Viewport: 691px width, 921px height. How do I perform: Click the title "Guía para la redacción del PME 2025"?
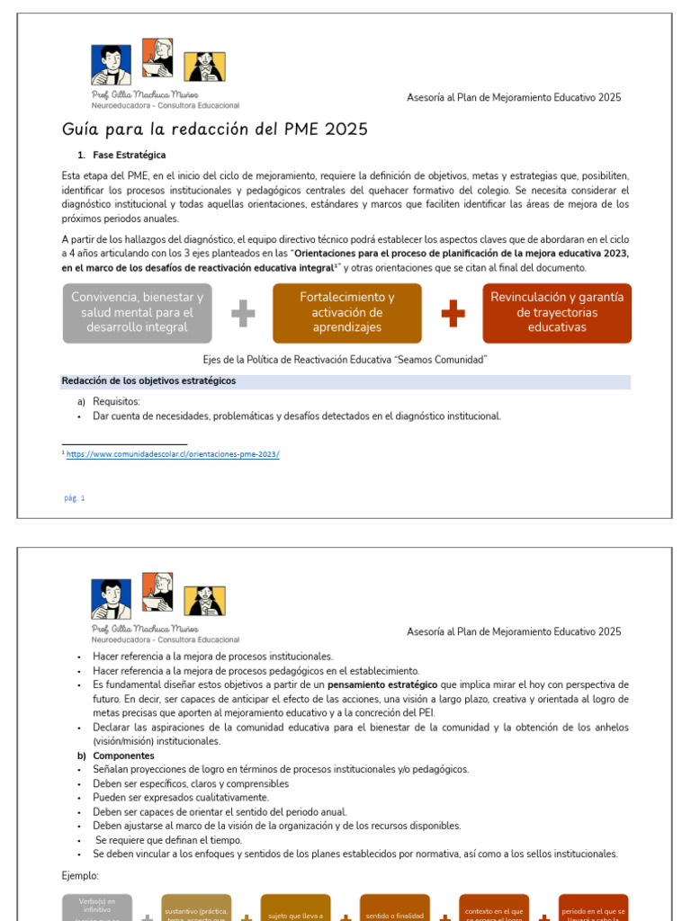point(214,130)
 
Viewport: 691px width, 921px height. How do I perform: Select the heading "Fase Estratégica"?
point(129,156)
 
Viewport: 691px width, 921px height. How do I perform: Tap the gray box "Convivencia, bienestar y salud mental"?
point(137,312)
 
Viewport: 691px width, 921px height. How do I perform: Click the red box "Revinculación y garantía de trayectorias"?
point(556,312)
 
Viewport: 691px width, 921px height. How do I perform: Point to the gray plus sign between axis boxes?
point(243,313)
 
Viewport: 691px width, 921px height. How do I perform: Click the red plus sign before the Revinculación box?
point(453,313)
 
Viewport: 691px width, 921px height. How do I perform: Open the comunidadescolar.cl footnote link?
point(173,454)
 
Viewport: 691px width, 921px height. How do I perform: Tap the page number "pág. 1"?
point(74,497)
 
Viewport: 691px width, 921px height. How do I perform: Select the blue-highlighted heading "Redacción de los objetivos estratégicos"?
point(148,381)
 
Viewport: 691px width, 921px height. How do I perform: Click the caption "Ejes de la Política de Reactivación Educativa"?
point(345,360)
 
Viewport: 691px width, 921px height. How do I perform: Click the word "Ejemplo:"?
point(80,875)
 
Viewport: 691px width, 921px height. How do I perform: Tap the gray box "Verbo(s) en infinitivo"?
point(96,908)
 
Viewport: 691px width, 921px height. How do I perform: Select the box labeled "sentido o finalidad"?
point(394,916)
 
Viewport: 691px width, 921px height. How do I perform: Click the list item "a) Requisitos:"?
point(109,402)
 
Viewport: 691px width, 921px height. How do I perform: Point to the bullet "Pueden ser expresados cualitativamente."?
point(180,798)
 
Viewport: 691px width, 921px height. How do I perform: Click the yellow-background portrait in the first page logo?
point(204,67)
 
